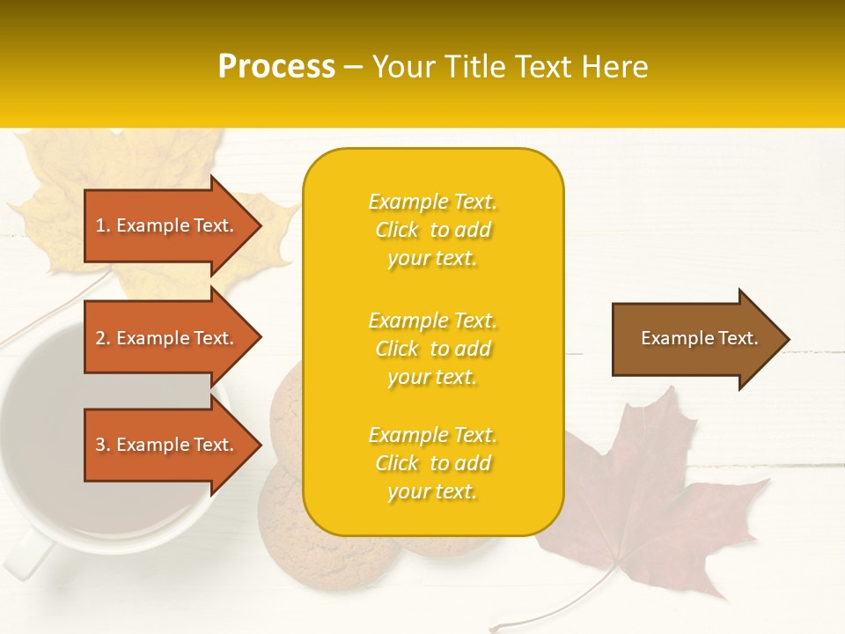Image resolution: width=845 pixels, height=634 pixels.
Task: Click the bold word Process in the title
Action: click(276, 67)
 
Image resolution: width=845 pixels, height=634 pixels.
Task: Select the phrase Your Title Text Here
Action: click(510, 67)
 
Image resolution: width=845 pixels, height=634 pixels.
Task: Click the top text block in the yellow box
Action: click(432, 230)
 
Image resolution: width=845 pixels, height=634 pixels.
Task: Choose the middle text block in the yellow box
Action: click(432, 349)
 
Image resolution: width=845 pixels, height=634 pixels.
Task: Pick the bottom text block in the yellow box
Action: click(432, 463)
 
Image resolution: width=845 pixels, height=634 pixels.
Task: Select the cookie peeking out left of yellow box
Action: click(286, 414)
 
